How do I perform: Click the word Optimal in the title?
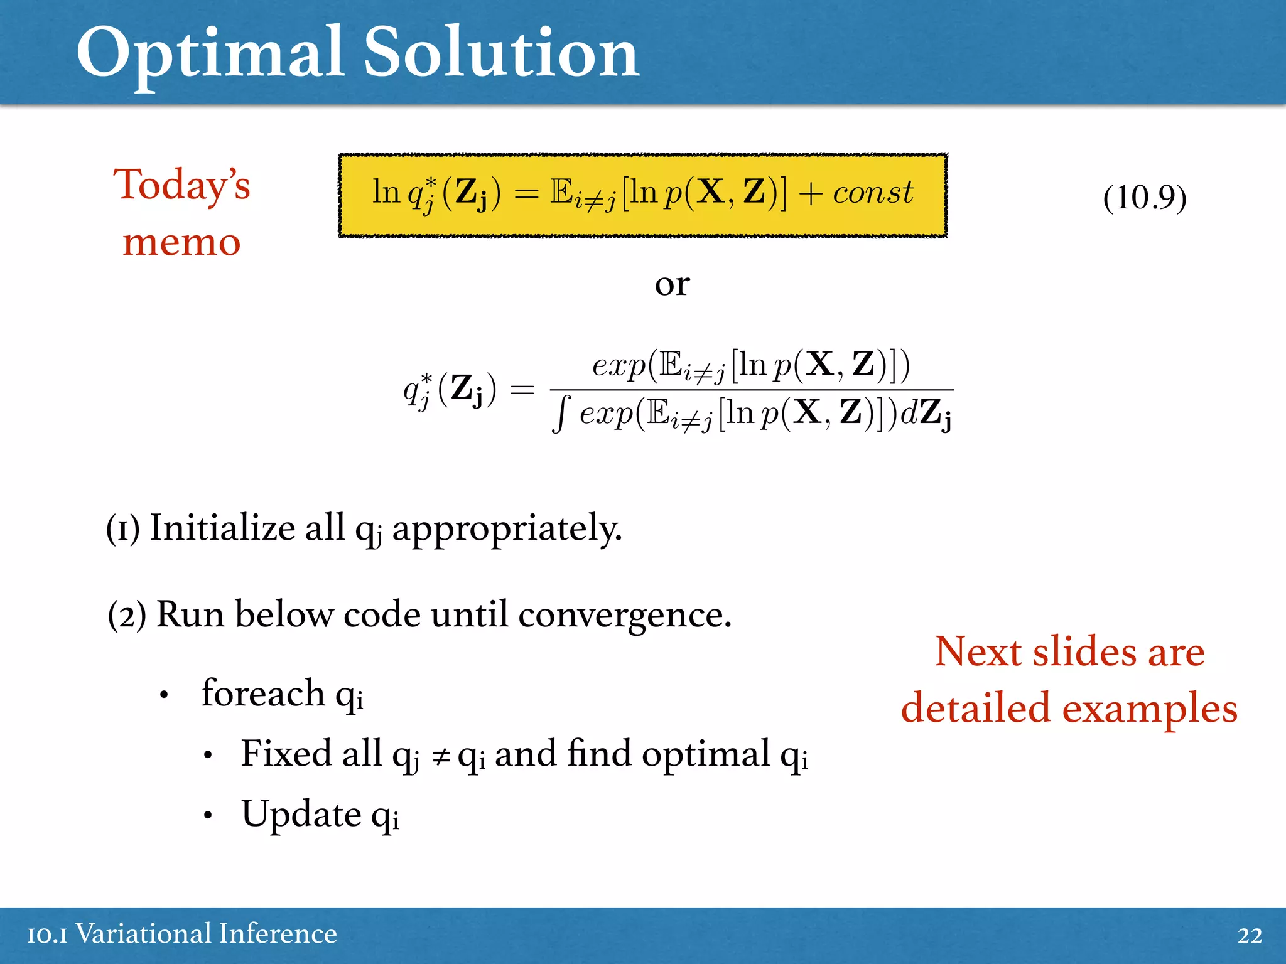coord(210,55)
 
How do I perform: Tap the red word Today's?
coord(181,186)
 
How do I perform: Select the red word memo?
coord(181,242)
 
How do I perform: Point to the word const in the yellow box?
coord(873,192)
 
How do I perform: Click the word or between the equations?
coord(671,284)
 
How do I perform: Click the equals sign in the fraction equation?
coord(521,390)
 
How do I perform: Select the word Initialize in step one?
coord(222,528)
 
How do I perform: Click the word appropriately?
coord(507,529)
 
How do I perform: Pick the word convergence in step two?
coord(624,614)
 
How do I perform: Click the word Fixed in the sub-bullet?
coord(286,753)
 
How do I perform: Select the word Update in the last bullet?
coord(301,814)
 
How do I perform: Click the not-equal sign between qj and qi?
coord(441,757)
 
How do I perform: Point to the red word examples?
coord(1149,709)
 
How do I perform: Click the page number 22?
coord(1249,935)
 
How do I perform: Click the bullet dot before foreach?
coord(164,695)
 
